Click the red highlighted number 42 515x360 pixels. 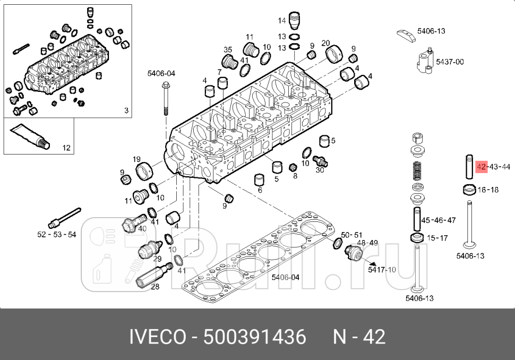(x=482, y=167)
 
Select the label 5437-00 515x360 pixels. (x=449, y=62)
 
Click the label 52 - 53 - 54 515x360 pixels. (x=57, y=234)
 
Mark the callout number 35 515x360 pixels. (x=228, y=50)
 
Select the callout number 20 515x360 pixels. (x=325, y=43)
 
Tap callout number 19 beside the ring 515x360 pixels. (x=136, y=159)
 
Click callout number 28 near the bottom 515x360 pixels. (x=155, y=287)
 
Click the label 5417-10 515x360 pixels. (x=382, y=270)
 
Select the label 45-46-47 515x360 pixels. (x=438, y=220)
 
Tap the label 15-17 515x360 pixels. (x=437, y=238)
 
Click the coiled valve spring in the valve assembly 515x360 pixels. (x=417, y=171)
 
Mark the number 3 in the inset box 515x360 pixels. (x=126, y=110)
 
